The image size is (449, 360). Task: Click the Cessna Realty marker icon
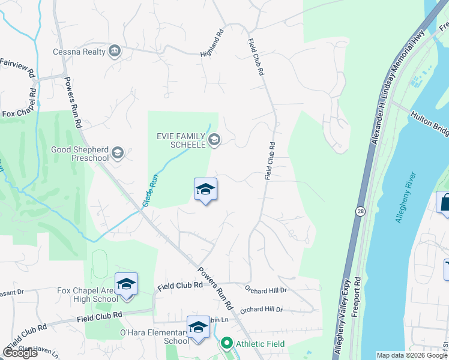point(114,52)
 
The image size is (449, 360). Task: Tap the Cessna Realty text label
point(79,52)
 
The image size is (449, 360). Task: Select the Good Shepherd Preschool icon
point(118,153)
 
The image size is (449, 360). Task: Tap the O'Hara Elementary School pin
point(198,327)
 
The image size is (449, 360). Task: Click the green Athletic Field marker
point(226,344)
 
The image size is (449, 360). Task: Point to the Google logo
point(20,353)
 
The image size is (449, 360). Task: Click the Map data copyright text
point(411,355)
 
